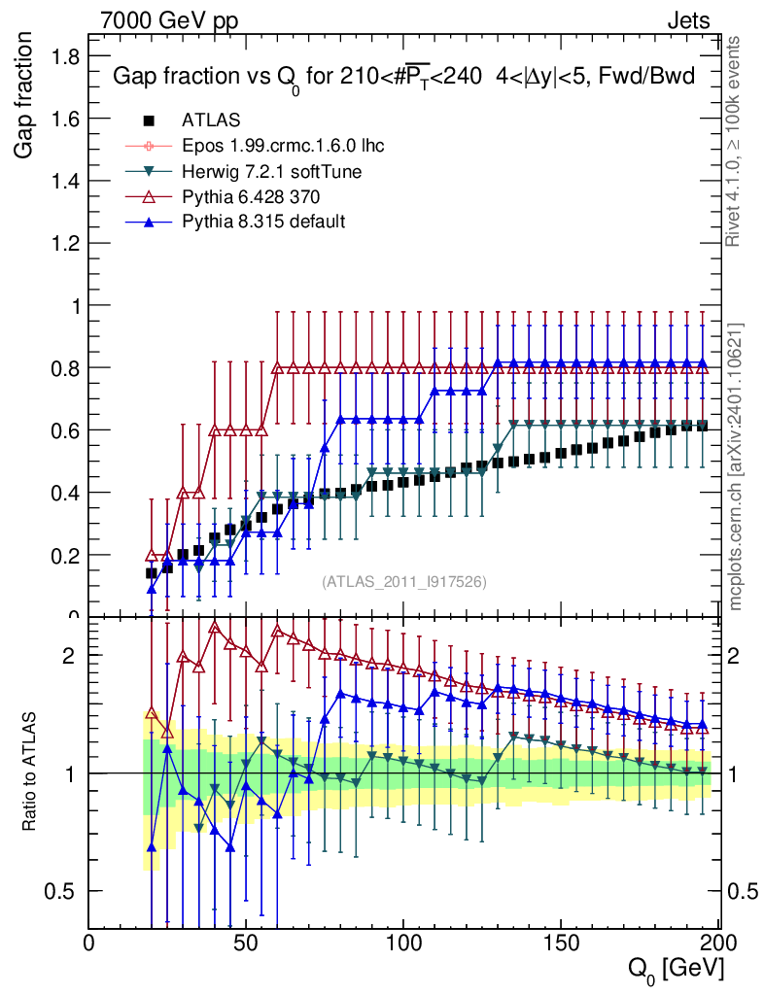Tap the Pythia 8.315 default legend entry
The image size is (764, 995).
click(x=262, y=222)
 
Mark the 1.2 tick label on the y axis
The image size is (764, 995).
click(x=65, y=243)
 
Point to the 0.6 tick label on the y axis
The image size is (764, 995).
click(x=65, y=430)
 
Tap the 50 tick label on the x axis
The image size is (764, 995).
click(x=247, y=943)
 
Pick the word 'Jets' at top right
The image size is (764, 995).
click(x=688, y=19)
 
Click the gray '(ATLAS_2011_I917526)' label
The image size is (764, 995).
click(x=404, y=582)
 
